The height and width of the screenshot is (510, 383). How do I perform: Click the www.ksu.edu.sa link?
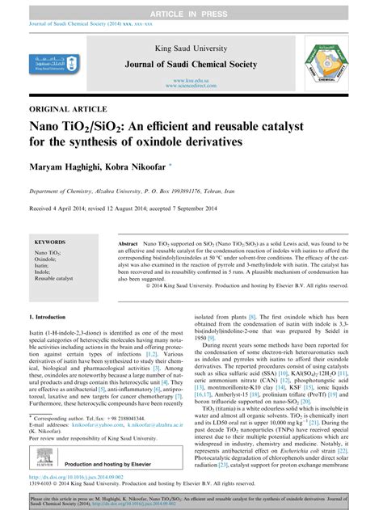coord(191,82)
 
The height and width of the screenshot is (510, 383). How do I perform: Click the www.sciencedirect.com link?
coord(191,88)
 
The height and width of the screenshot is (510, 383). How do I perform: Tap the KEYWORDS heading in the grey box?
coord(50,242)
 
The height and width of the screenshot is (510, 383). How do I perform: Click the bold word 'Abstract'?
coord(128,242)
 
